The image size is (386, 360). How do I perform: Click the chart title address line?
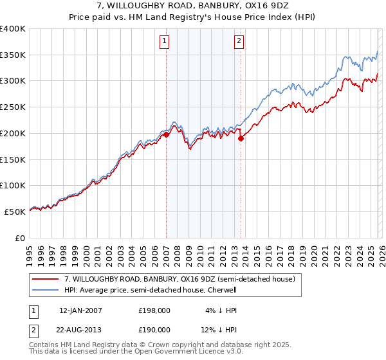(x=192, y=6)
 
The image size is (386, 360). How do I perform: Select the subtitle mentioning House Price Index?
(x=192, y=17)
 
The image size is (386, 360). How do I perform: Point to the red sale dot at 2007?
(x=166, y=134)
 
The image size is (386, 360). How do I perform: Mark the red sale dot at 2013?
(x=241, y=138)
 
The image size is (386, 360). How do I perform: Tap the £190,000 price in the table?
(x=154, y=329)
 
